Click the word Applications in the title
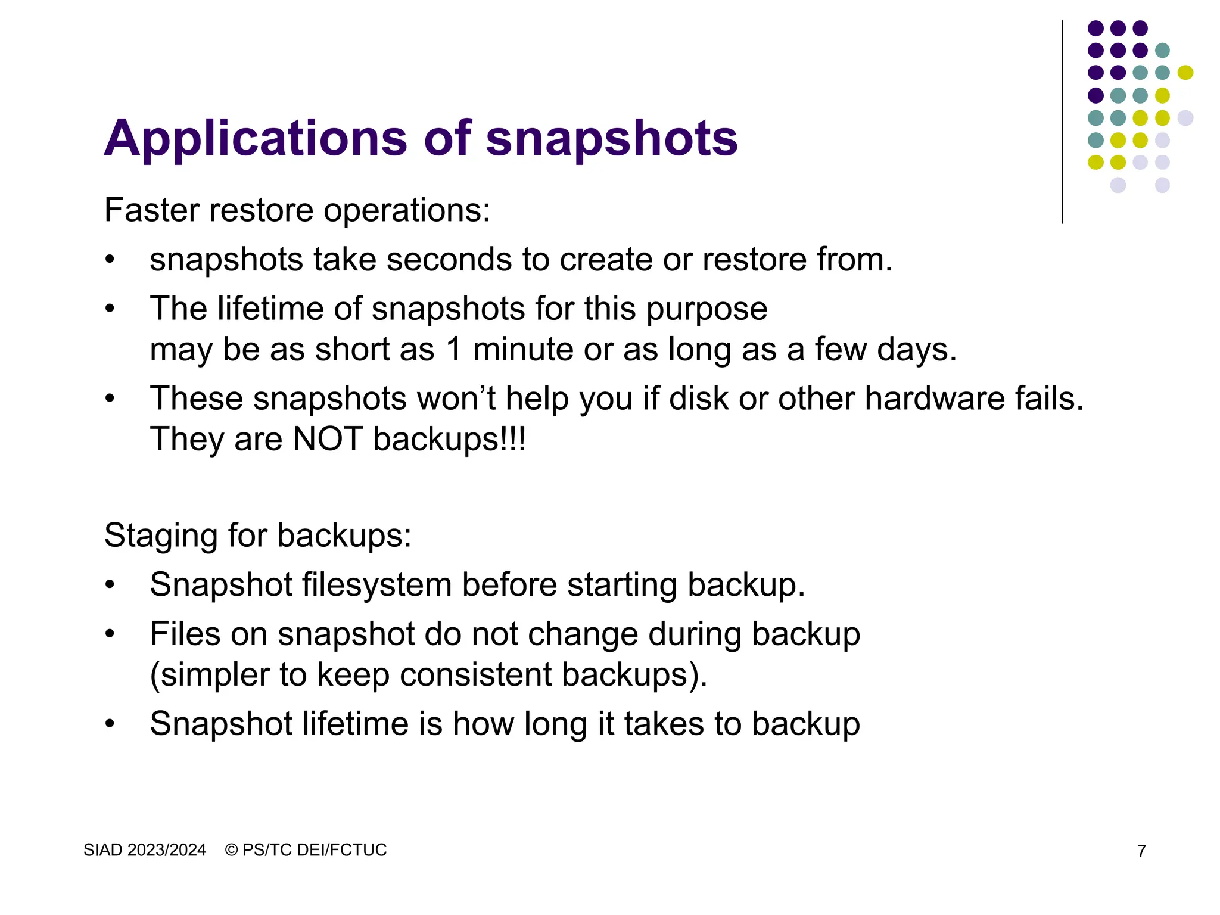[x=255, y=139]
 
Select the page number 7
[x=1141, y=851]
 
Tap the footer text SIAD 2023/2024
[x=145, y=850]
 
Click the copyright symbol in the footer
[x=232, y=850]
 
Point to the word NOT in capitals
[x=328, y=439]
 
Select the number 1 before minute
[x=454, y=349]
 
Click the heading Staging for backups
[x=257, y=535]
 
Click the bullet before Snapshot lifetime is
[x=110, y=724]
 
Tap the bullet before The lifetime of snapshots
[x=110, y=309]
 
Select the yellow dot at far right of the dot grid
[x=1185, y=73]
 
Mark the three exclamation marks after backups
[x=515, y=439]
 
